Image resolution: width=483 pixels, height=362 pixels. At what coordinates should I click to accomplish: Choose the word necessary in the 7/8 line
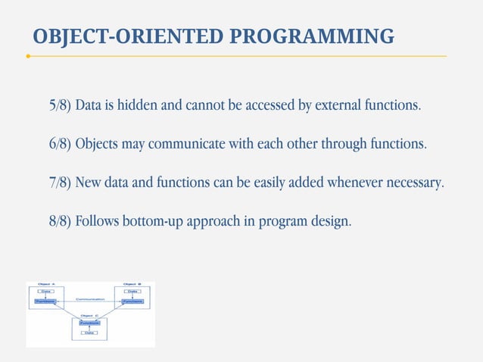(x=414, y=183)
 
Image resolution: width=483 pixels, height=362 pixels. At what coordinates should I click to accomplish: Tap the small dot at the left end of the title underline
(x=28, y=56)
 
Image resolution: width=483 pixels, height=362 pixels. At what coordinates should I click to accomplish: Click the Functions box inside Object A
(x=45, y=301)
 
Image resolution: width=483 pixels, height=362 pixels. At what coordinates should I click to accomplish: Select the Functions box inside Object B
(x=132, y=301)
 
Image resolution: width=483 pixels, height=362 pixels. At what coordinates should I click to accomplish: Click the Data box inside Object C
(x=89, y=332)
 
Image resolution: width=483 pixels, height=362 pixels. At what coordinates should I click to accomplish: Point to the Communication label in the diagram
(x=89, y=298)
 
